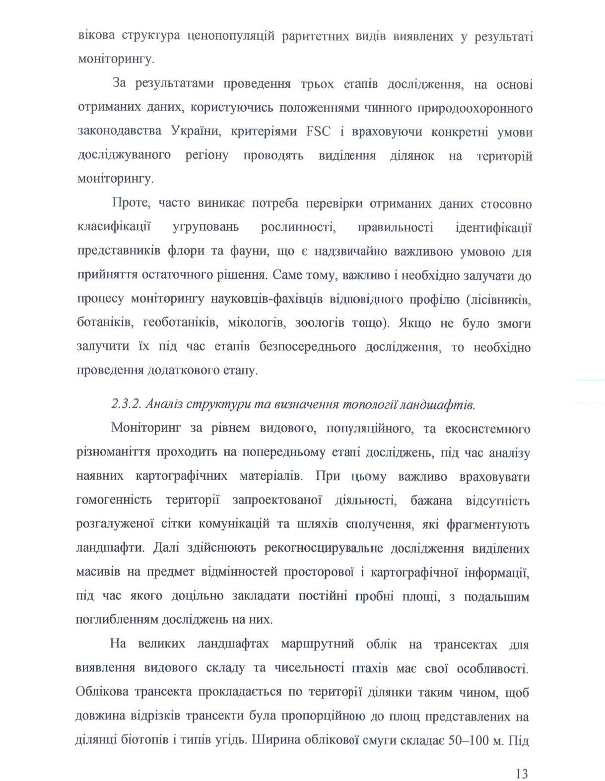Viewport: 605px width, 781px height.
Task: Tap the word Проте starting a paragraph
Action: [127, 204]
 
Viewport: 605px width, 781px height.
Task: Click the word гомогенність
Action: [115, 500]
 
